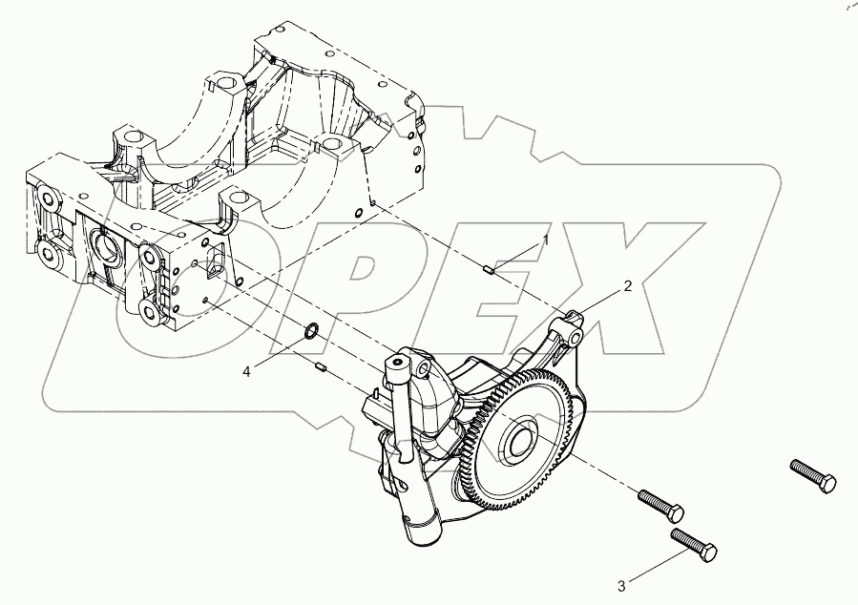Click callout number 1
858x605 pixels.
[547, 241]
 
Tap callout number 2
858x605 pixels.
[627, 285]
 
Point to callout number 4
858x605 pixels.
[246, 371]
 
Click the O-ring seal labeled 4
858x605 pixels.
[311, 333]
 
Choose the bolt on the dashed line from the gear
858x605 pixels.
[659, 504]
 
